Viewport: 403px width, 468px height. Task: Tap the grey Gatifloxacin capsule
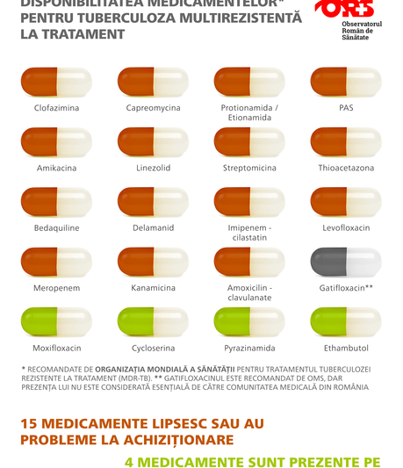(x=346, y=262)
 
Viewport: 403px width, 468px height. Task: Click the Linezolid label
(x=153, y=168)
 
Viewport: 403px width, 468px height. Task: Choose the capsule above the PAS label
(x=346, y=82)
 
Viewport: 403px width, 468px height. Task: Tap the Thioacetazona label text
(x=346, y=168)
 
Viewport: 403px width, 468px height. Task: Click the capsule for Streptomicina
(x=249, y=141)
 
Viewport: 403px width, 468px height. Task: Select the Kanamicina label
(x=153, y=288)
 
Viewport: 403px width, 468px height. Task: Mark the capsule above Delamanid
(x=153, y=201)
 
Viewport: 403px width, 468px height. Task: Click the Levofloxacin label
(x=346, y=227)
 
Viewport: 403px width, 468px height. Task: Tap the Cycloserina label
(x=153, y=348)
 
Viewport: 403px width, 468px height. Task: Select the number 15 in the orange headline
(x=31, y=423)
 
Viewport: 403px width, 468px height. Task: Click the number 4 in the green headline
(x=126, y=459)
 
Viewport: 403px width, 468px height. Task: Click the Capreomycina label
(x=153, y=108)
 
